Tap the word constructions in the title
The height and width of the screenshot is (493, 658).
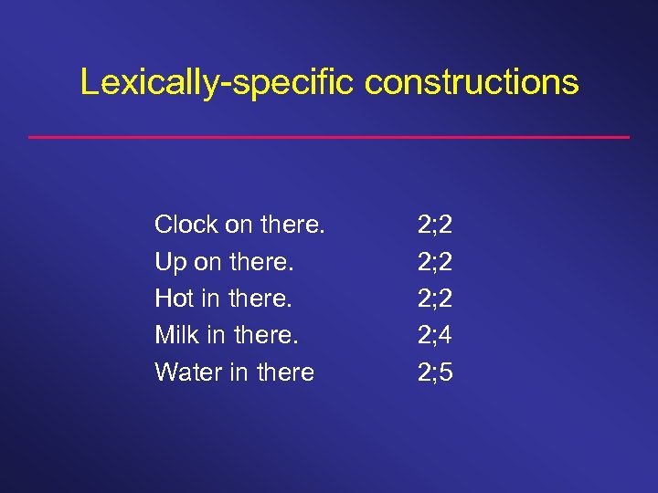[472, 82]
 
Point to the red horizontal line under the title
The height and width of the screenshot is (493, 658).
[329, 137]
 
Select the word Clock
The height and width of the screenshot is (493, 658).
[186, 224]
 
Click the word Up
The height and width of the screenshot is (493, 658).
[171, 262]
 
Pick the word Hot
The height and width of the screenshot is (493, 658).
[175, 298]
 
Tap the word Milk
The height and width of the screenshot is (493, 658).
[177, 335]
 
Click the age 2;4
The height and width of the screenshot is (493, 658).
[435, 335]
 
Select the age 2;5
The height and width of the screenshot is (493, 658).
[435, 372]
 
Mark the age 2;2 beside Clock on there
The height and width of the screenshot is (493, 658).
[435, 224]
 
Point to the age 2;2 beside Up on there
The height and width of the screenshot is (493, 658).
[435, 262]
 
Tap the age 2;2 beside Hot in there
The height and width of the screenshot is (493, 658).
[435, 298]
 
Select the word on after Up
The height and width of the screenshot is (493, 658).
[208, 263]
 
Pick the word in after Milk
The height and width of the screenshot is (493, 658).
[217, 335]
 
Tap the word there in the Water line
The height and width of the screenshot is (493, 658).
[283, 372]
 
